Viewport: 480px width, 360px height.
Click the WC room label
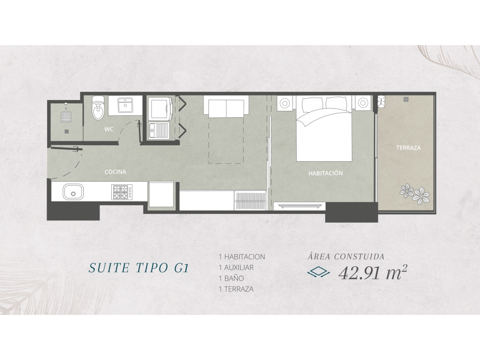click(109, 129)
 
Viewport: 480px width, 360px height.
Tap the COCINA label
click(115, 172)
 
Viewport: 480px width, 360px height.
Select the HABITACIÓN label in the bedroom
click(326, 173)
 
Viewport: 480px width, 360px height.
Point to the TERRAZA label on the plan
click(408, 148)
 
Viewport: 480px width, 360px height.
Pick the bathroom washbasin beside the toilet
click(125, 105)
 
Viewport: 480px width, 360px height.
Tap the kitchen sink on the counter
click(73, 192)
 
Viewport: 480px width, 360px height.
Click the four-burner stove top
click(122, 192)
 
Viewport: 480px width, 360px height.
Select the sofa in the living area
click(226, 106)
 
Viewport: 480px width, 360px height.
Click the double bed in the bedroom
click(324, 129)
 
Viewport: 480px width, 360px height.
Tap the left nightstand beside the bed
click(285, 103)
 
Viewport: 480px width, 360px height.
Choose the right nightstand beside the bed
click(363, 103)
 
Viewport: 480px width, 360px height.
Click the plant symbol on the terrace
click(415, 192)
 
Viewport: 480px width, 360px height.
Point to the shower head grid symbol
click(66, 117)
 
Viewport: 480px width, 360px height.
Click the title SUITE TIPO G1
click(138, 268)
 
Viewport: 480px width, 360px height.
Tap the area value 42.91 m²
click(373, 272)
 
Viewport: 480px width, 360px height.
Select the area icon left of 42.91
click(318, 272)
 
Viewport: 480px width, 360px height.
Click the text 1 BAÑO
click(231, 278)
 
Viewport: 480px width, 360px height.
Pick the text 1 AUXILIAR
click(236, 268)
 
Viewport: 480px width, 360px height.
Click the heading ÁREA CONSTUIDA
click(346, 256)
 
